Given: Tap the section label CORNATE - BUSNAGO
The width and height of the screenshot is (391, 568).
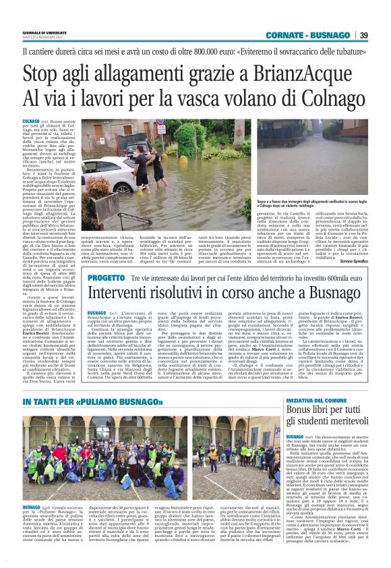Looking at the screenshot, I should pyautogui.click(x=311, y=35).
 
